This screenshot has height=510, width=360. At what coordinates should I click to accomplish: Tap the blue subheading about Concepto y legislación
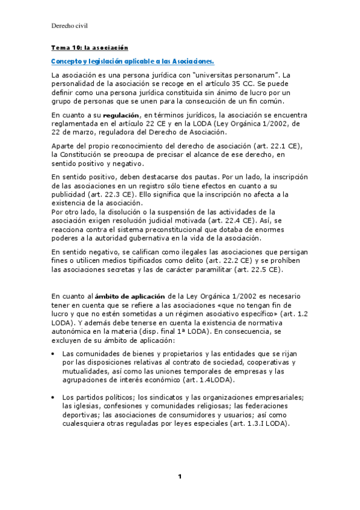pyautogui.click(x=132, y=61)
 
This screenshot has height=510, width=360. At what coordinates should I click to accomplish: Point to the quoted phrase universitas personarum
pyautogui.click(x=225, y=75)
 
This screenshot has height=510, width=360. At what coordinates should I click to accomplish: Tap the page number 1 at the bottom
pyautogui.click(x=179, y=477)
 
